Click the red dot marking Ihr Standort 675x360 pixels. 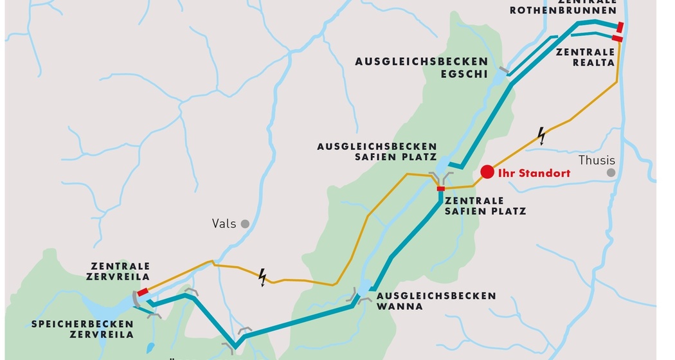(487, 172)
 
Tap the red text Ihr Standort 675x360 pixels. (534, 173)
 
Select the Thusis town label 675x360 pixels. (596, 161)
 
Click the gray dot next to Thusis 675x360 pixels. (611, 173)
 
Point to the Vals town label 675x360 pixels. (224, 224)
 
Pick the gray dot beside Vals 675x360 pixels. (245, 224)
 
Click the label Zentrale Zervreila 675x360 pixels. (120, 271)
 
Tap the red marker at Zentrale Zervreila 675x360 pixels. (143, 292)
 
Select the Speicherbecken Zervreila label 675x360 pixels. (82, 329)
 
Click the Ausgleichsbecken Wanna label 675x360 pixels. (437, 301)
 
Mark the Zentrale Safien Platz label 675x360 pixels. (486, 206)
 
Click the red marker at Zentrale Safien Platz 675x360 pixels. (440, 188)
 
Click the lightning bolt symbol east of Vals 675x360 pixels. (262, 277)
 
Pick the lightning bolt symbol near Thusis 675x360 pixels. (542, 136)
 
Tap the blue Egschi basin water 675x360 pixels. (499, 78)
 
